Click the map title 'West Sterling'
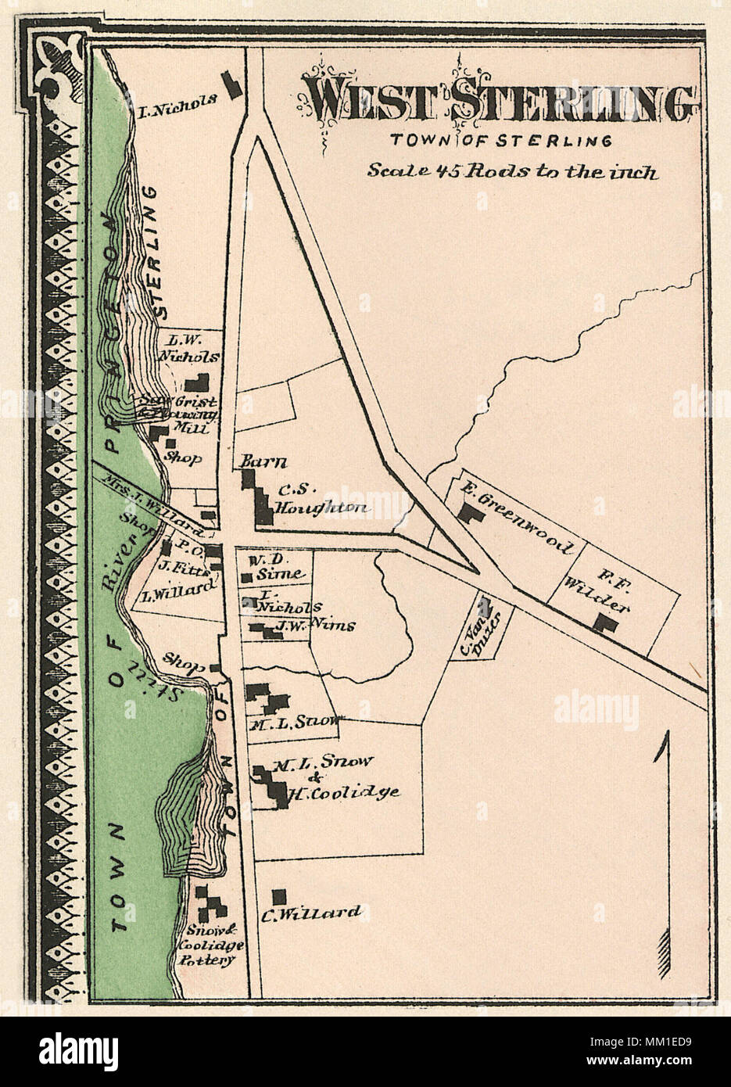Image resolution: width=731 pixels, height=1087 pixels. click(x=500, y=100)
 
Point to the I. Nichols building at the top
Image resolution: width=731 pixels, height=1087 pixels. click(x=231, y=84)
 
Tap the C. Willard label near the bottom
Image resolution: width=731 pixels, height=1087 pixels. click(x=321, y=913)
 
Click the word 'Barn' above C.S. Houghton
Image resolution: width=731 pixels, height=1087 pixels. click(x=253, y=462)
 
